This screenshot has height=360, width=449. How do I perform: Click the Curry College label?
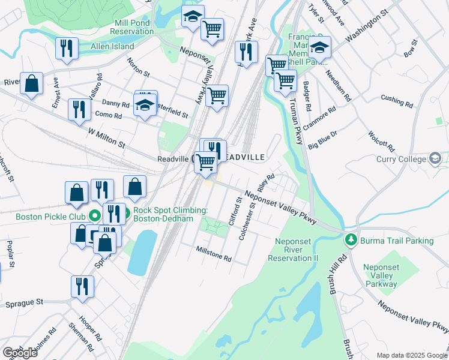tap(400, 159)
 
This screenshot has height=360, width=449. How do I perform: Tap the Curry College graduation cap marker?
tap(435, 159)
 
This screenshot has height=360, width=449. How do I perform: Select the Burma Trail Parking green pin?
tap(351, 240)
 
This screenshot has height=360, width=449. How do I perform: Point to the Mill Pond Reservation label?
tap(134, 27)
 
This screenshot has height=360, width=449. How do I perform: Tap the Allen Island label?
tap(112, 46)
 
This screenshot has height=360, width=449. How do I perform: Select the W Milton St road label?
tap(106, 137)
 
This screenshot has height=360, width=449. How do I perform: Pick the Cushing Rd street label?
tap(397, 101)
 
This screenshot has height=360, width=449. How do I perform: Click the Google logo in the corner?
tap(20, 353)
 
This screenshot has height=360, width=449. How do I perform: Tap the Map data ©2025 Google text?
tap(412, 355)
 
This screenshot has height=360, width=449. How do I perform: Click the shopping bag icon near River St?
tap(31, 84)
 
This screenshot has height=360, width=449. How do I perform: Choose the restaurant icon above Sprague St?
tap(82, 286)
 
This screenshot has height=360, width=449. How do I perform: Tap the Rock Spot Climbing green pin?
tap(120, 213)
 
